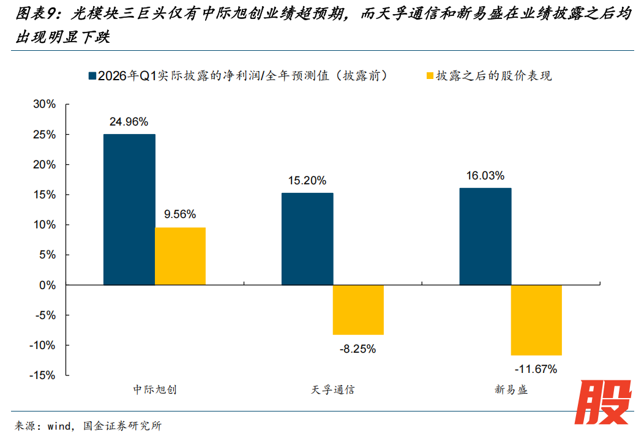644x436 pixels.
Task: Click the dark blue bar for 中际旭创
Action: click(129, 209)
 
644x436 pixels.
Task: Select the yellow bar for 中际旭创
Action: click(180, 256)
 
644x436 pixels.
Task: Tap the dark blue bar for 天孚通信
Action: click(307, 239)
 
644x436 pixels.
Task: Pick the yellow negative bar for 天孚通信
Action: click(358, 310)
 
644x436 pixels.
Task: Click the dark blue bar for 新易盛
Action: click(485, 236)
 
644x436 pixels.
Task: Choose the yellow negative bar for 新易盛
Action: click(536, 320)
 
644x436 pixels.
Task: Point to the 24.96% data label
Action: click(129, 122)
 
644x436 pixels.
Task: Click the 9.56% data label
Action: click(180, 214)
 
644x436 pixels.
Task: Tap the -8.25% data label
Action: click(358, 349)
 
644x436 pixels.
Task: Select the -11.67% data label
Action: click(536, 369)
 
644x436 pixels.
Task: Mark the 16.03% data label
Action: click(485, 176)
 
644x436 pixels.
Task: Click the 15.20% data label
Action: click(307, 181)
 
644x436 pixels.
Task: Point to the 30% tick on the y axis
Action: click(44, 105)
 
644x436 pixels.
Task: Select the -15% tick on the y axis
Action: click(42, 375)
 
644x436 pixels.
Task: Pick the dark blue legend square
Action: click(92, 76)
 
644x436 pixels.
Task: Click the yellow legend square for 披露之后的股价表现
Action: click(429, 76)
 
